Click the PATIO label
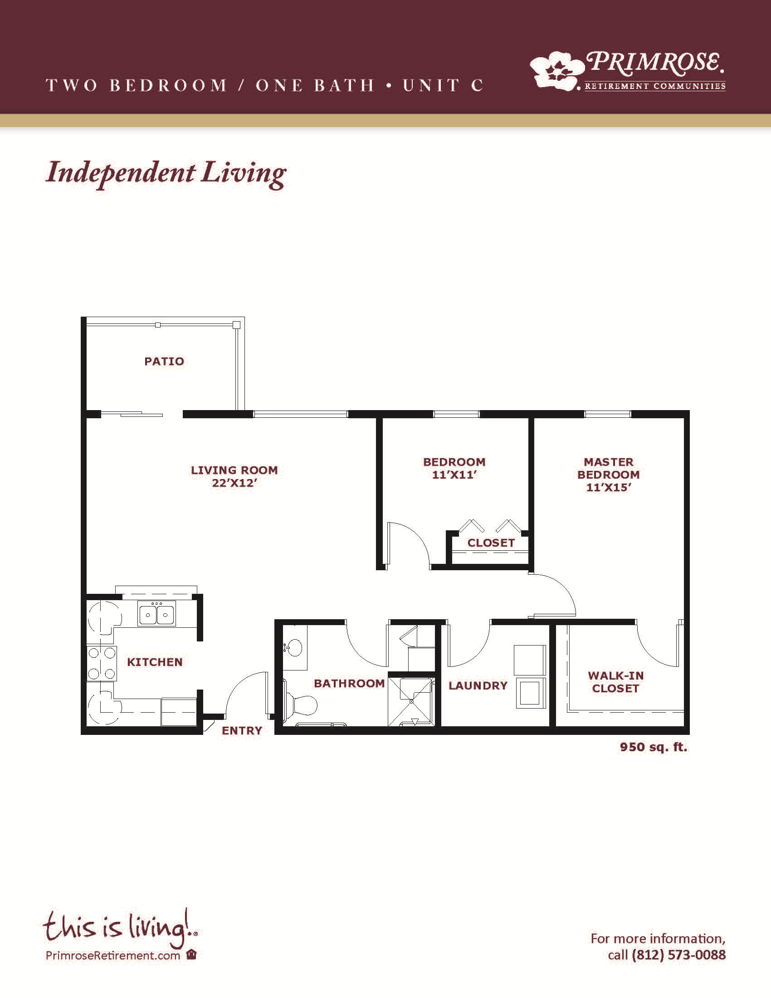(164, 362)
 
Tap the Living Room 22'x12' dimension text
(234, 483)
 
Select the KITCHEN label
(155, 662)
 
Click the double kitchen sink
(156, 613)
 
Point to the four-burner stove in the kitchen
(102, 663)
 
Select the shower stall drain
(411, 701)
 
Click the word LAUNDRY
(478, 685)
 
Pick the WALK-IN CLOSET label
(616, 682)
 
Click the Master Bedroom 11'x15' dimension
(608, 488)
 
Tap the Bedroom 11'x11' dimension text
(454, 475)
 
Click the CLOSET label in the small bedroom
(491, 543)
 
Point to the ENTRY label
(242, 731)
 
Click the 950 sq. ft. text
(653, 747)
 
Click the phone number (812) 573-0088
(678, 955)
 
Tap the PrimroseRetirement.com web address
(113, 955)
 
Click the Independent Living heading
(166, 174)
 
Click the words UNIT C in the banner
(442, 85)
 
